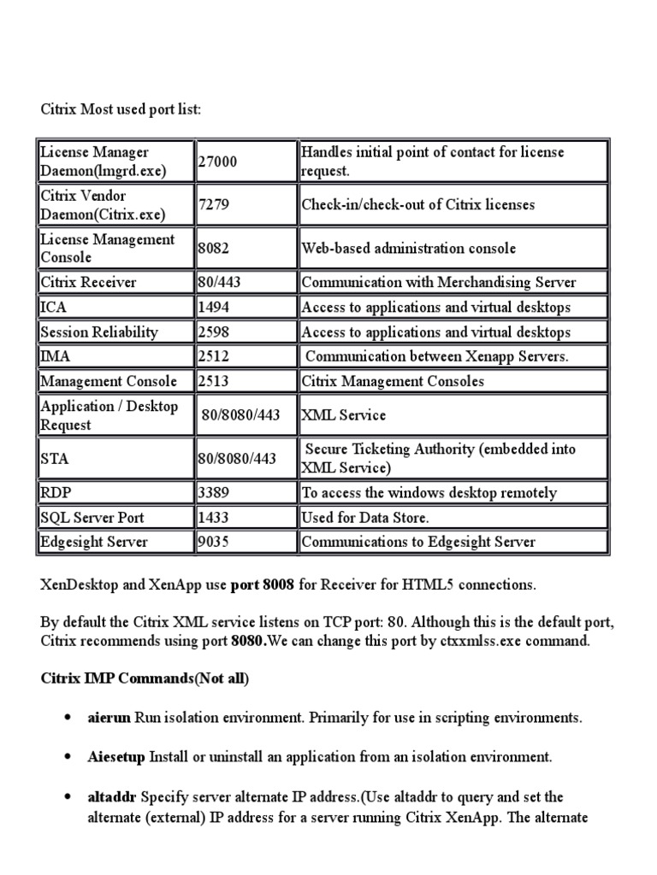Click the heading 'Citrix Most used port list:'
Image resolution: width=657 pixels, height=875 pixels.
121,110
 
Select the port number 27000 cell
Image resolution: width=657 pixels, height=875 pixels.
218,161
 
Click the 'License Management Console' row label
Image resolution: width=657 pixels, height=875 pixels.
108,248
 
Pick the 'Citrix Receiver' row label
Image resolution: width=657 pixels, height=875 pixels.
88,282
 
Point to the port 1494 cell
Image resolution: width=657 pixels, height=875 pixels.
213,307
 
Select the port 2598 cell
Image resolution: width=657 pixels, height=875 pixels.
213,332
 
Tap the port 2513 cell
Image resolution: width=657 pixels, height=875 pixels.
213,381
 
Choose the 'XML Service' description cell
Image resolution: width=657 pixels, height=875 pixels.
344,415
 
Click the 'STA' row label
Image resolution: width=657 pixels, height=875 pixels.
55,459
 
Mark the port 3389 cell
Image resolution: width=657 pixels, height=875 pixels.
213,492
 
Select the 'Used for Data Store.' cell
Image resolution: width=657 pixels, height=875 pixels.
365,517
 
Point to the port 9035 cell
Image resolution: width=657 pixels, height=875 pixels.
213,542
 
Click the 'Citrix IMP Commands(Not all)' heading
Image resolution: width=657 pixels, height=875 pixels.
145,678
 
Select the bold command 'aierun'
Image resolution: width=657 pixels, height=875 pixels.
109,718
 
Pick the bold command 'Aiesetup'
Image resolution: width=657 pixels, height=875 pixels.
117,757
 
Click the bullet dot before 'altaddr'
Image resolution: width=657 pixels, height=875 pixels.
67,797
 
